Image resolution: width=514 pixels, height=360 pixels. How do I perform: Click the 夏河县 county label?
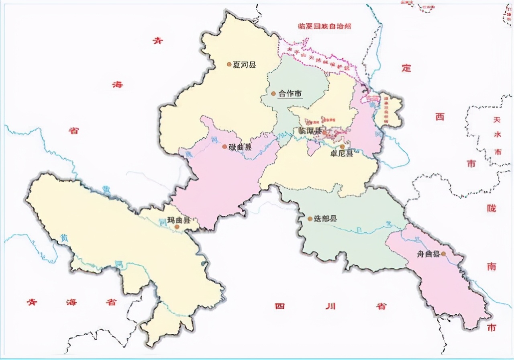coord(244,64)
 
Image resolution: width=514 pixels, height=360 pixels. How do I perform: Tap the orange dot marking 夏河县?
coord(229,64)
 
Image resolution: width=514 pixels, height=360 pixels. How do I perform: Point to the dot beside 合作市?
coord(273,94)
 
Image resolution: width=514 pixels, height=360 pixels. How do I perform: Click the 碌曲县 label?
coord(240,147)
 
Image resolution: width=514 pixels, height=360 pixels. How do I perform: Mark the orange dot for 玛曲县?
coord(177,227)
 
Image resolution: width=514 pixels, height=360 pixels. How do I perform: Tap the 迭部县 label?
coord(325,219)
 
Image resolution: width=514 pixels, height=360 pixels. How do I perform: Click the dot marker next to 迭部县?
coord(310,219)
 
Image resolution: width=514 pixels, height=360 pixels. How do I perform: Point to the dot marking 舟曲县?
coord(443,254)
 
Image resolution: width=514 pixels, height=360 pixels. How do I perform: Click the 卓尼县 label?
coord(341,153)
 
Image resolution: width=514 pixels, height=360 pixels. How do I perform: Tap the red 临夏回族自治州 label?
coord(324,26)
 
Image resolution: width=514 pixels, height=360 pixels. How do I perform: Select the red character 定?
coord(406,68)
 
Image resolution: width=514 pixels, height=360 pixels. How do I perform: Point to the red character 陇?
coord(491,209)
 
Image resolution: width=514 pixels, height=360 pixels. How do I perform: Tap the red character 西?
coord(440,117)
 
